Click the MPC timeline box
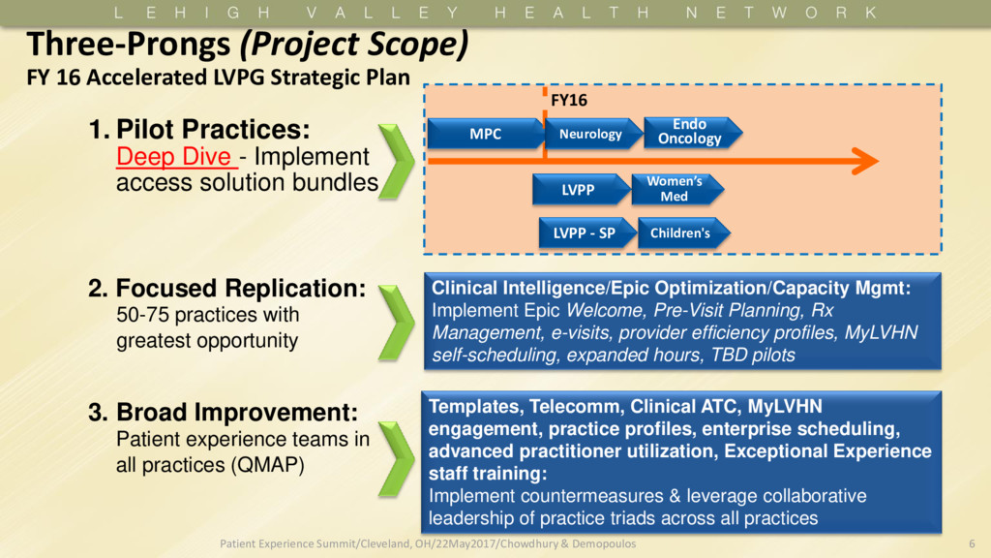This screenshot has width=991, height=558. (x=486, y=134)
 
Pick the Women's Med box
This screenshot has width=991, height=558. (x=675, y=189)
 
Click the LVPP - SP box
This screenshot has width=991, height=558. (x=585, y=232)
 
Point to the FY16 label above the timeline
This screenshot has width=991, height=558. (x=569, y=100)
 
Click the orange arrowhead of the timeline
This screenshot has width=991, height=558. (x=861, y=162)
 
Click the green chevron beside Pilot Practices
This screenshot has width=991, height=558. (x=396, y=160)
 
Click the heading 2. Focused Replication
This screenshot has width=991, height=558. (x=227, y=289)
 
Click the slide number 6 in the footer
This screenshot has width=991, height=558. (x=972, y=544)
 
